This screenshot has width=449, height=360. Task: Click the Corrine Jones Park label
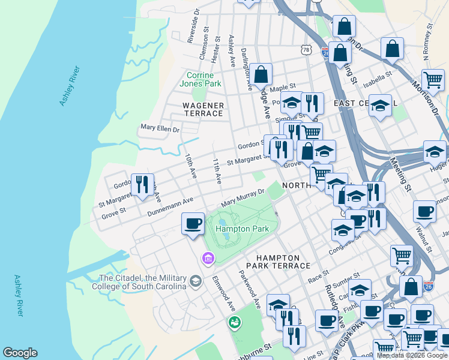pos(200,79)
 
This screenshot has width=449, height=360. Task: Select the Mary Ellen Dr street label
pos(160,128)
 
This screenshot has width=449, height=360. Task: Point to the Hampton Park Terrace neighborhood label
pos(277,261)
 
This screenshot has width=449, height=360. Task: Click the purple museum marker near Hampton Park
pos(208,259)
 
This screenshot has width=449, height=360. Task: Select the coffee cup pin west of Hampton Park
pos(193,224)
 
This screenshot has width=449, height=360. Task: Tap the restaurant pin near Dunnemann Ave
pos(142,184)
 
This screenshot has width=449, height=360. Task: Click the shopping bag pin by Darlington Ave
pos(261,75)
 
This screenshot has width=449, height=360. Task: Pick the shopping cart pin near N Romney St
pos(432,80)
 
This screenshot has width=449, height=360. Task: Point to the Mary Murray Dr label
pos(243,197)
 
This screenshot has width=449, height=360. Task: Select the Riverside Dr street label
pos(192,29)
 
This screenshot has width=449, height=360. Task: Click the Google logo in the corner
pos(20,353)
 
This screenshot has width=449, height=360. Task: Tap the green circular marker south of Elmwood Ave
pos(235,322)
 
